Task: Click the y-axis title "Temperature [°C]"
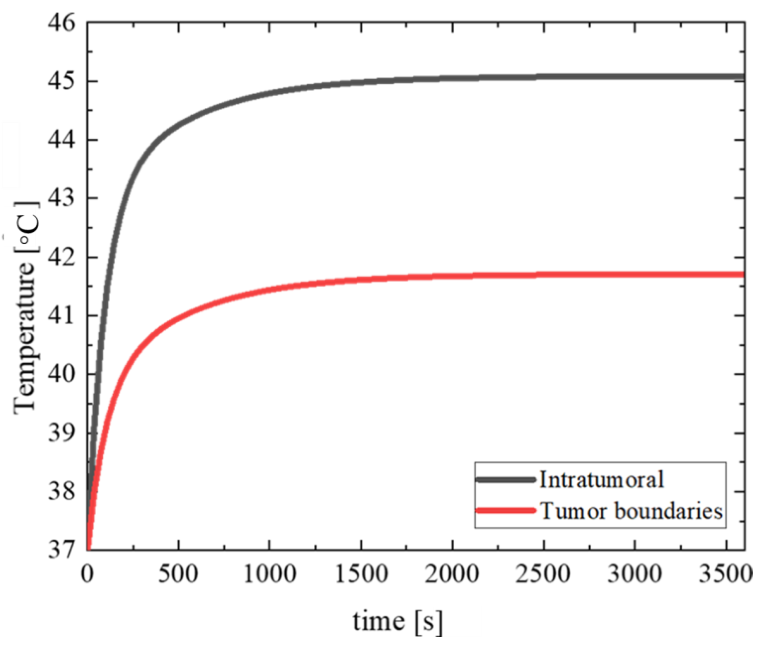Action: (x=26, y=308)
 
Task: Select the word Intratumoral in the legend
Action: (x=601, y=479)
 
